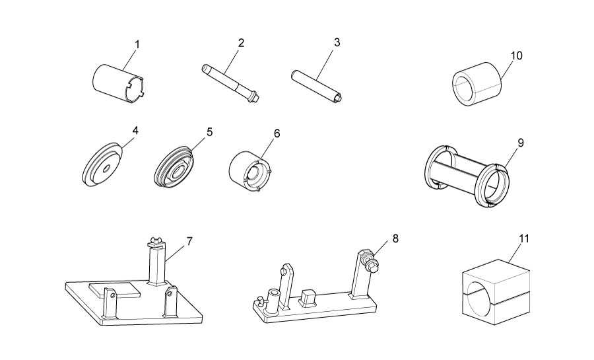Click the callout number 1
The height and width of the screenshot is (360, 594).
click(137, 44)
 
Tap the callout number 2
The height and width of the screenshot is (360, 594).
click(241, 42)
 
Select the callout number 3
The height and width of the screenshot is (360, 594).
click(337, 42)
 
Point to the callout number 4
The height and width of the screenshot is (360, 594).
click(135, 131)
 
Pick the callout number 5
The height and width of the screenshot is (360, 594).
click(209, 131)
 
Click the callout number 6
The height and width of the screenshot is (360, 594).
click(277, 133)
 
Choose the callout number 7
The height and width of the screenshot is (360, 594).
click(189, 241)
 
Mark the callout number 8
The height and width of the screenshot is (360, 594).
click(395, 238)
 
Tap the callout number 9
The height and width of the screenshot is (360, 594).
click(521, 142)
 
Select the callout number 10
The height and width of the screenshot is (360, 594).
click(516, 55)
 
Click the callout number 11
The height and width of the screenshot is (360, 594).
click(523, 238)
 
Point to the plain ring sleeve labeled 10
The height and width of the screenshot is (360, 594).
click(475, 84)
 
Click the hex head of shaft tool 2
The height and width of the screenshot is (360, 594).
click(252, 99)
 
